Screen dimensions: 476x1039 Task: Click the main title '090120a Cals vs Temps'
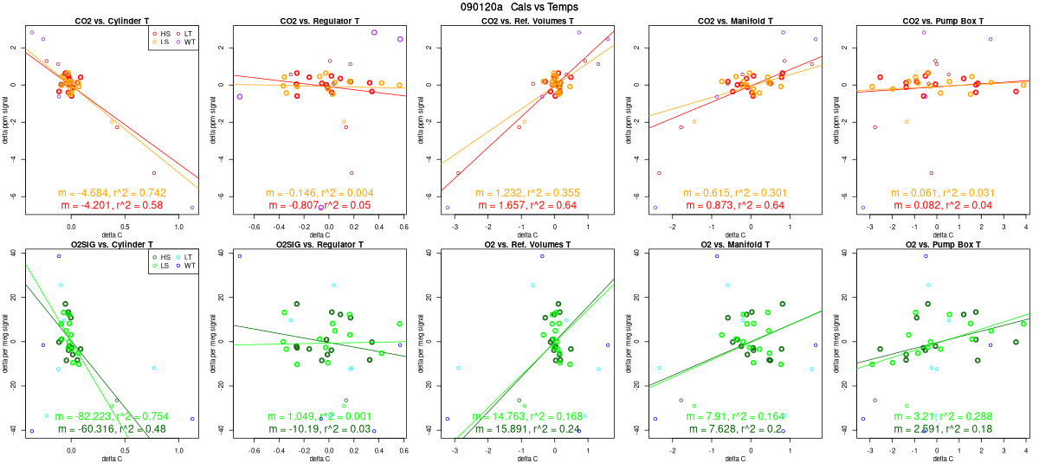coord(519,7)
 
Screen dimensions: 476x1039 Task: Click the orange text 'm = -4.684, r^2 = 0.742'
coord(112,192)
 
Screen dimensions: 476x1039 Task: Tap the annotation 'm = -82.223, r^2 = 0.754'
coord(112,416)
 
